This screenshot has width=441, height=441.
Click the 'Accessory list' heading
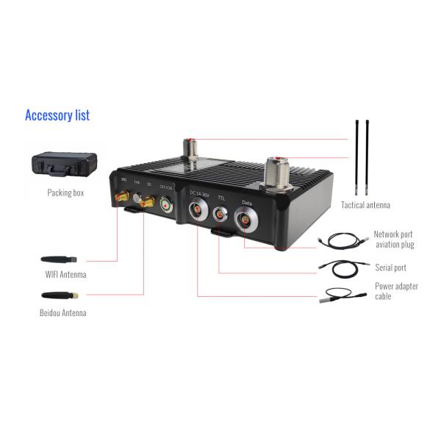(x=57, y=115)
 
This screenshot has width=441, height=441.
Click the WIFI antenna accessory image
(x=58, y=259)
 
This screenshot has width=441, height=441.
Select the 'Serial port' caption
(x=390, y=268)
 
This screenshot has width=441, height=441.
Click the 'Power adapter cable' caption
(x=396, y=291)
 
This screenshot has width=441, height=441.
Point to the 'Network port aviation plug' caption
(x=395, y=239)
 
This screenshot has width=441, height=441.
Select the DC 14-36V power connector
(x=197, y=212)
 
